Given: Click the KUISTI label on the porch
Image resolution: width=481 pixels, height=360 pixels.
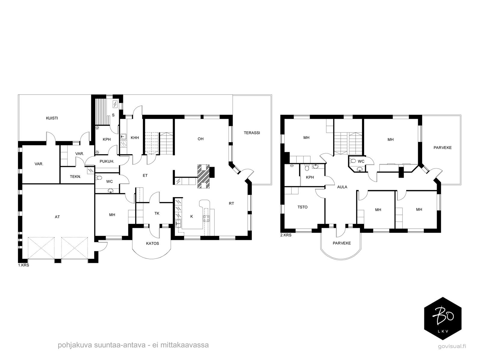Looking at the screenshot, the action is (x=52, y=118).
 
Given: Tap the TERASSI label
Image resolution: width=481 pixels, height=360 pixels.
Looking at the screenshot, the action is (x=252, y=133).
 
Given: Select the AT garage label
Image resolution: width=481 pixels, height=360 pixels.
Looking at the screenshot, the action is (x=57, y=217).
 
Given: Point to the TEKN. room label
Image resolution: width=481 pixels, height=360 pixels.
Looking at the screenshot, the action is (x=75, y=176).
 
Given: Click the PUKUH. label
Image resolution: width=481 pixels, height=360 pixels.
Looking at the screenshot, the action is (x=107, y=161).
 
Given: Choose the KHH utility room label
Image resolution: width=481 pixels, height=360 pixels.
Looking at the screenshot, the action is (x=135, y=138).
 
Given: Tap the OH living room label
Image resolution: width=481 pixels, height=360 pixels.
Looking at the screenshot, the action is (x=201, y=139).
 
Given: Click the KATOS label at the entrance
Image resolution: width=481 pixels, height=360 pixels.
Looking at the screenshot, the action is (x=152, y=243).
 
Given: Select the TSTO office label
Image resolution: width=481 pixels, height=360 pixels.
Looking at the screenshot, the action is (x=302, y=207).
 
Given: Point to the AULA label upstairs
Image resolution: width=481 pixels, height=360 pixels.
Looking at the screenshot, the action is (x=342, y=187).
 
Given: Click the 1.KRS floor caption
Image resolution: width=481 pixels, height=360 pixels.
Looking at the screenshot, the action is (x=23, y=265).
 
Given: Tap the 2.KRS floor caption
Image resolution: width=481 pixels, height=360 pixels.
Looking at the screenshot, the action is (x=286, y=235).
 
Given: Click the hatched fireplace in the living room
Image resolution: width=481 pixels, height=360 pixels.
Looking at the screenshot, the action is (x=203, y=176).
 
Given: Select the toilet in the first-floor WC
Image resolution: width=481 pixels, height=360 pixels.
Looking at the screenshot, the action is (x=99, y=178).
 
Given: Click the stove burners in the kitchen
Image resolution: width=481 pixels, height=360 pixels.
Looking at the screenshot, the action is (x=206, y=218).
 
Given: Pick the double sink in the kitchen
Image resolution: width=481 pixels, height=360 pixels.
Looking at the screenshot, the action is (x=178, y=223).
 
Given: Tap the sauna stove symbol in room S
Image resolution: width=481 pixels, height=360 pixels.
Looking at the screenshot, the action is (x=115, y=104).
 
